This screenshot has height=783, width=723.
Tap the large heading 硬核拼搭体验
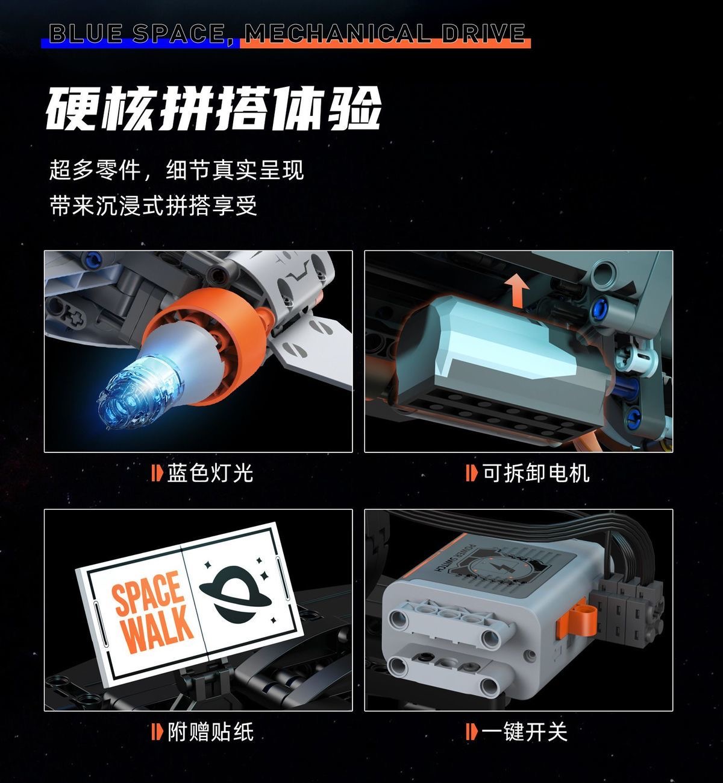point(214,110)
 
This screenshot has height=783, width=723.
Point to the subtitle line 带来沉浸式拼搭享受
point(154,206)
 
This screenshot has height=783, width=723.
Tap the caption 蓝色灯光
point(210,472)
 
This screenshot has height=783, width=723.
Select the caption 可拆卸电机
point(535,472)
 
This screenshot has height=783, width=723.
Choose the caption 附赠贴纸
point(210,732)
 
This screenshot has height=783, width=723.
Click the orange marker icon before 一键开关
point(471,732)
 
